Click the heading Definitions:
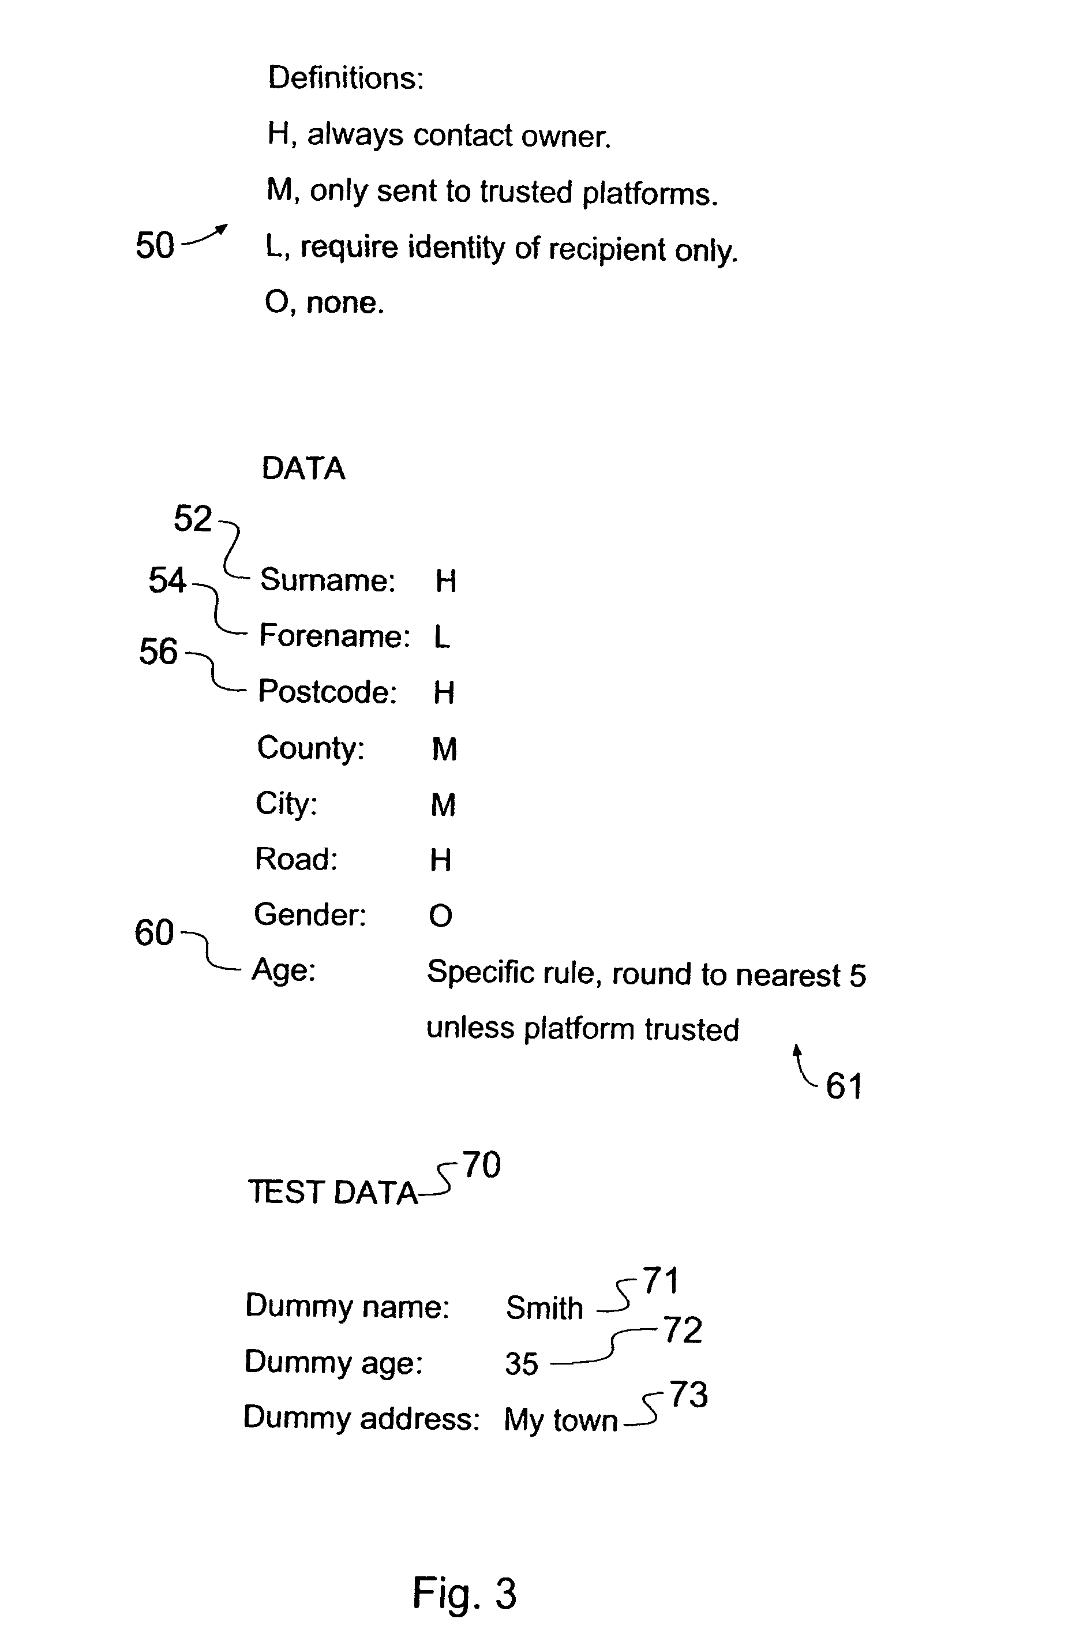tap(345, 77)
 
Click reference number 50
tap(155, 245)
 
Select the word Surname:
tap(327, 580)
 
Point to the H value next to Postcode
tap(444, 692)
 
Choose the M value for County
tap(444, 749)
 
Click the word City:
tap(286, 804)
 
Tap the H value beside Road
tap(441, 860)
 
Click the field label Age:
tap(283, 969)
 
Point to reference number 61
tap(844, 1086)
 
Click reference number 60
tap(154, 932)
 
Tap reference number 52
tap(192, 518)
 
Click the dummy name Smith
tap(544, 1308)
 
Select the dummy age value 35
tap(521, 1363)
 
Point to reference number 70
tap(482, 1165)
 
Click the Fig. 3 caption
tap(464, 1592)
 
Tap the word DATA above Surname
tap(303, 469)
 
